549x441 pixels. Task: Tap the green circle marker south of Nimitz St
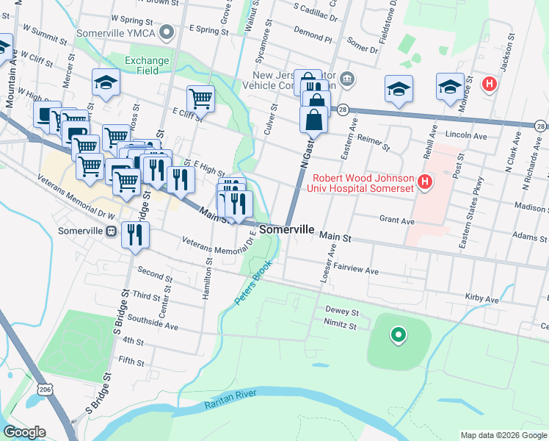pos(398,335)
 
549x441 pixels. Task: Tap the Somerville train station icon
pos(111,231)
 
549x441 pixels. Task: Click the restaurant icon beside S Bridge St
pos(134,234)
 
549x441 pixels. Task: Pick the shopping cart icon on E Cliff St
pos(200,97)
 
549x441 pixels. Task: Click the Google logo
pos(26,432)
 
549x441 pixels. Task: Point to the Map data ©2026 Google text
pos(503,435)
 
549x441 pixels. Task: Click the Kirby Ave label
pos(481,298)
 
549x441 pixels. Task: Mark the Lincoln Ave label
pos(467,136)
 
